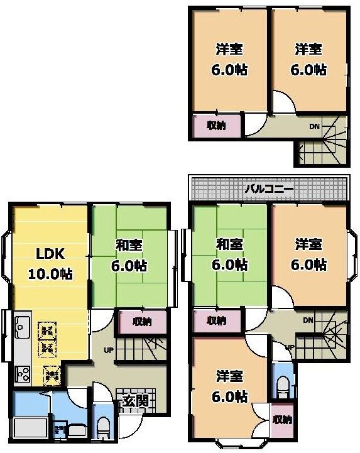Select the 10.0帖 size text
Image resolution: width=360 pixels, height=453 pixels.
pyautogui.click(x=50, y=275)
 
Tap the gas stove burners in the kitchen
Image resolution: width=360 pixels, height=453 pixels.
pyautogui.click(x=21, y=374)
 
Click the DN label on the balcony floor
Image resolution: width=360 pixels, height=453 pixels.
pyautogui.click(x=307, y=320)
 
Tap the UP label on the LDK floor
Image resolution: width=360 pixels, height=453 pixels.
pyautogui.click(x=108, y=349)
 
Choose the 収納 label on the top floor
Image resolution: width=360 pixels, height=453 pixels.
pyautogui.click(x=216, y=125)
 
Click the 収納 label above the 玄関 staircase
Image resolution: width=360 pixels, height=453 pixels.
pyautogui.click(x=142, y=322)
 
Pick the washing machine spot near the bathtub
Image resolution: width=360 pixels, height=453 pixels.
pyautogui.click(x=60, y=430)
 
